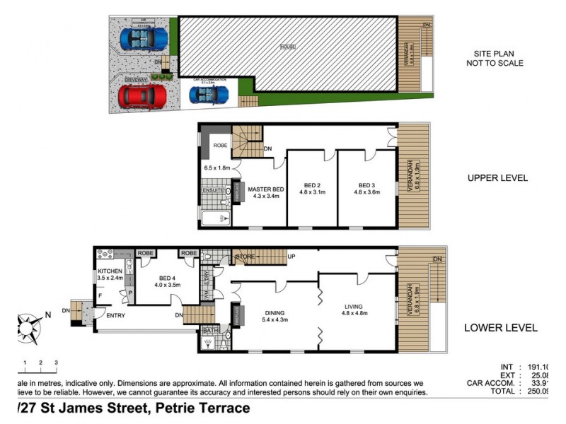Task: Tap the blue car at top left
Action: point(144,38)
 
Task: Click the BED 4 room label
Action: point(168,281)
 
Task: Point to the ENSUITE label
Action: point(213,191)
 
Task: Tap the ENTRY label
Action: point(115,315)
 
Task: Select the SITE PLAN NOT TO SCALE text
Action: point(499,58)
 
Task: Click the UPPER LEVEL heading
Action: point(497,178)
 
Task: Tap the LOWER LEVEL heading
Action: point(500,328)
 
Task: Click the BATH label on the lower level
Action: point(210,330)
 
